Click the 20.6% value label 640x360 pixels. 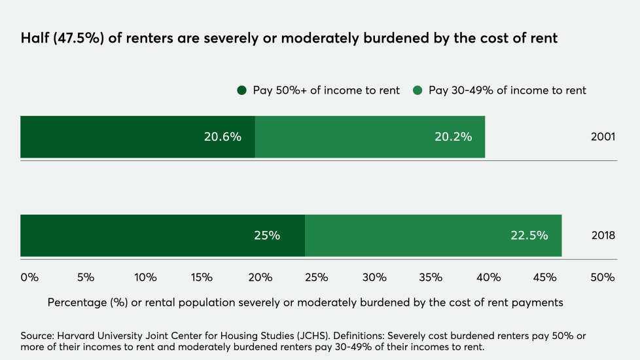pos(222,137)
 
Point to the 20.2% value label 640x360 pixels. pos(453,137)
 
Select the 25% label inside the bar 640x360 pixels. pos(267,236)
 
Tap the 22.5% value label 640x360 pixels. pos(529,236)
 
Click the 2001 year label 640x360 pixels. pos(603,137)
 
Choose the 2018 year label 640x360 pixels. pos(603,236)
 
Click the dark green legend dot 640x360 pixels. pos(242,90)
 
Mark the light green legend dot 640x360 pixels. pos(418,90)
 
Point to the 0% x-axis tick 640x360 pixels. pos(29,278)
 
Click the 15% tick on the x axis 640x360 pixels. pos(202,278)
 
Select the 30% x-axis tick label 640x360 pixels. pos(374,278)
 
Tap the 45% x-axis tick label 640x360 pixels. pos(544,278)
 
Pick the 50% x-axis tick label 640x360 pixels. pos(602,278)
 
